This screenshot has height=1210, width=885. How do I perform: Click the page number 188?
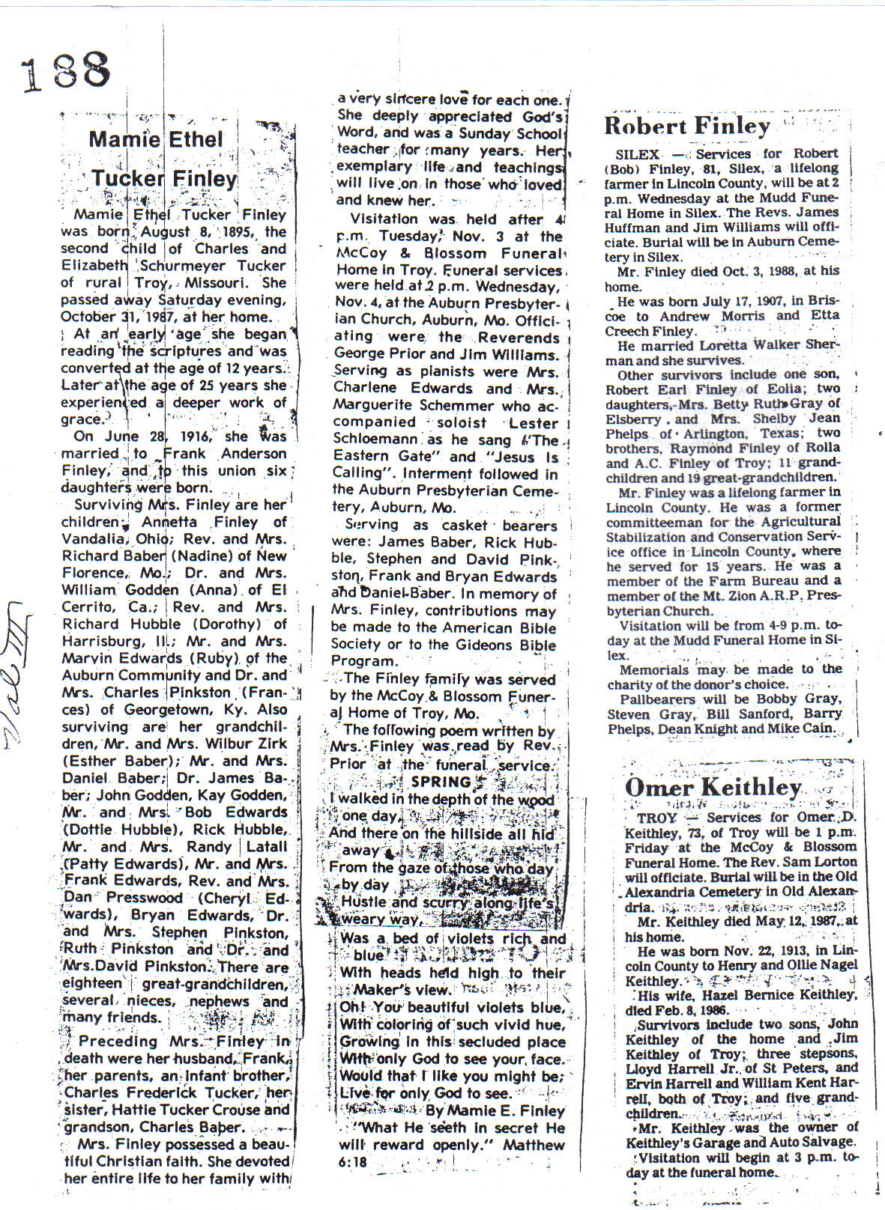click(66, 71)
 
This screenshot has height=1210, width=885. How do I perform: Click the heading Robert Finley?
click(686, 126)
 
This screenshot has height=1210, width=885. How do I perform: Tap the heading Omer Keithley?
click(713, 788)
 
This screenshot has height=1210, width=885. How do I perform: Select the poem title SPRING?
click(441, 782)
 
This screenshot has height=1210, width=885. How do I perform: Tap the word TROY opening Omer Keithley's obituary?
click(656, 818)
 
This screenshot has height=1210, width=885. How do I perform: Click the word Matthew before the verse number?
click(534, 1145)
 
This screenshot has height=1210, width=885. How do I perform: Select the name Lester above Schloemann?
click(533, 423)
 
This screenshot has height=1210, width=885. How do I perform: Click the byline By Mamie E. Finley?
click(495, 1111)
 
